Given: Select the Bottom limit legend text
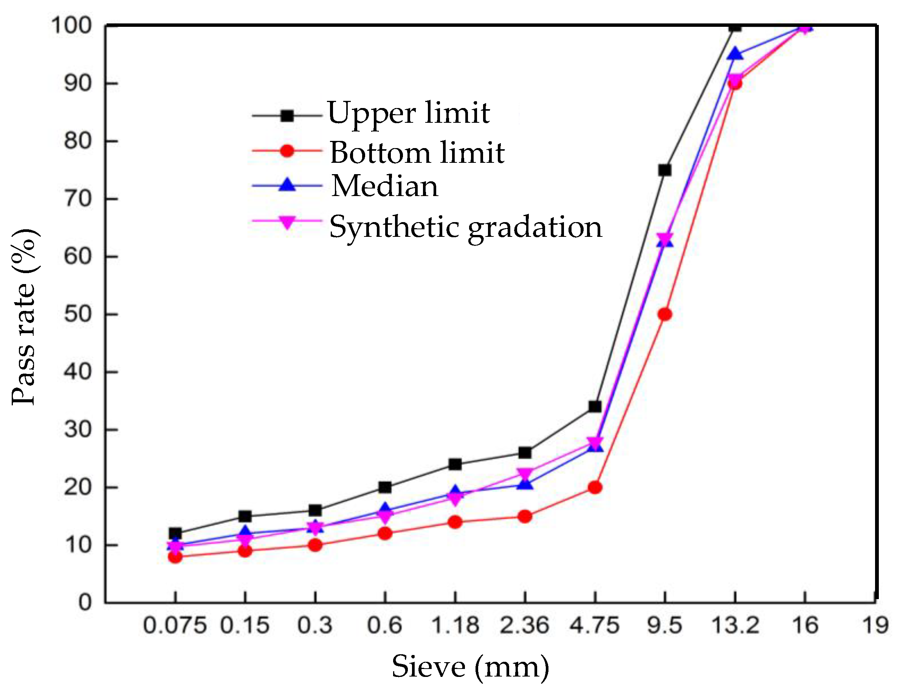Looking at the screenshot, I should [417, 153].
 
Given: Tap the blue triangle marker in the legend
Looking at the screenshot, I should [287, 185].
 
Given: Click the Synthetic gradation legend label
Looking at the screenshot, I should [465, 227].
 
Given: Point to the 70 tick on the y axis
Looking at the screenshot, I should [77, 199].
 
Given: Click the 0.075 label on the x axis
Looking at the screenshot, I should [174, 626].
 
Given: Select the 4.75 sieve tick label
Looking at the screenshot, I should [594, 626].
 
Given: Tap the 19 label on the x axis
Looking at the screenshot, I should [875, 626].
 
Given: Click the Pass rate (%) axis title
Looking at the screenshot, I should [25, 317].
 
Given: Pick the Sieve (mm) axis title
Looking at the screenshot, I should [470, 666].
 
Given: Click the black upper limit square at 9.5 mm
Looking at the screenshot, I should [665, 170].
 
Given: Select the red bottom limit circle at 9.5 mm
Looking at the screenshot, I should [665, 315].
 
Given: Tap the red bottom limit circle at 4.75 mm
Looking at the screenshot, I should [595, 488].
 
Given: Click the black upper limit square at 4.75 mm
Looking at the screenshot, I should [595, 407].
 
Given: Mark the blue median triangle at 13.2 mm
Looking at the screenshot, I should [734, 54].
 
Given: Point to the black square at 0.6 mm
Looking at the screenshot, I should [384, 487].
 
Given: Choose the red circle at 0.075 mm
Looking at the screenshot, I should [175, 556].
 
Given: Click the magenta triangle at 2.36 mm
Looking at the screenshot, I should [525, 474].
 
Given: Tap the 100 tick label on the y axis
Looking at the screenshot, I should [71, 26].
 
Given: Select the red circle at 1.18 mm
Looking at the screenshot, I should [455, 522].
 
